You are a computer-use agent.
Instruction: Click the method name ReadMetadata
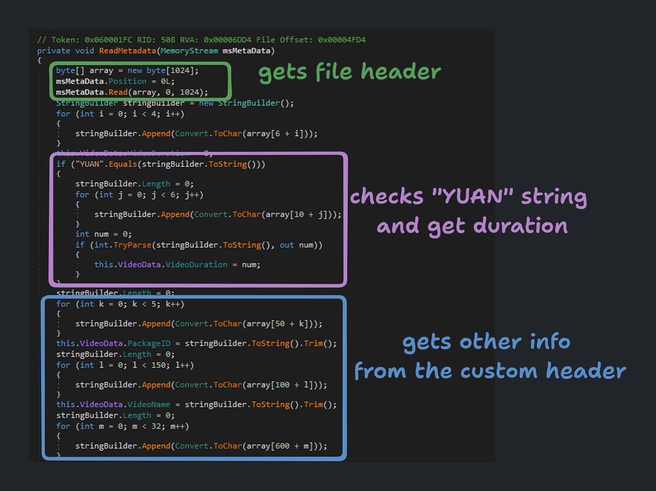point(127,51)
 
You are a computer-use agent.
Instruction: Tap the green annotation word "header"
point(401,72)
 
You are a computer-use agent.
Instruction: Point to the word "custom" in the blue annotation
point(499,371)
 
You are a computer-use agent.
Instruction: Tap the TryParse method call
point(132,245)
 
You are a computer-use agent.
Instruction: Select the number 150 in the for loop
point(158,365)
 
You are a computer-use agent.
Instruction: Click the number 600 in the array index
point(282,446)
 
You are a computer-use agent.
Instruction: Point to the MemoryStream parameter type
point(189,51)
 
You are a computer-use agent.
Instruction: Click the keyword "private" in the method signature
point(53,51)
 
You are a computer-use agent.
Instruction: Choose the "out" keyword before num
point(287,245)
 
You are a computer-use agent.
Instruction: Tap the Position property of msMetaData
point(127,81)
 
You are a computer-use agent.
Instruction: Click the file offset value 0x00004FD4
point(342,40)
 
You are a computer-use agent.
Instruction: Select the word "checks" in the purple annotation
point(387,197)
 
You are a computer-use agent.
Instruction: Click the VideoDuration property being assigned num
point(196,265)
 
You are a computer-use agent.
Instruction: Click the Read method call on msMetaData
point(118,93)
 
